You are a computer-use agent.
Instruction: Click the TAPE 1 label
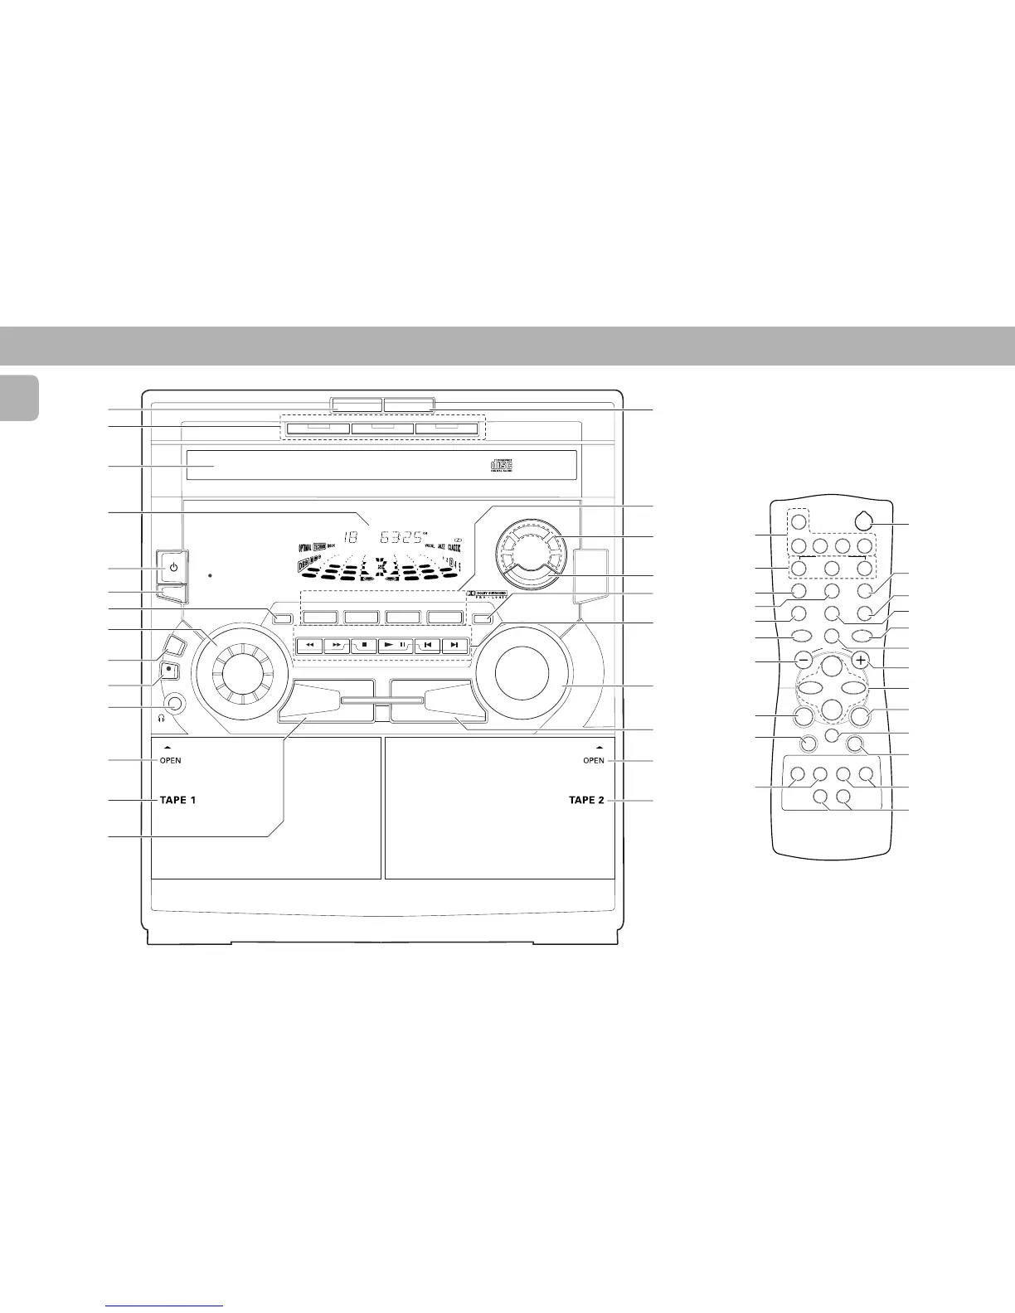click(178, 801)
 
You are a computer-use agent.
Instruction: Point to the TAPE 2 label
click(587, 801)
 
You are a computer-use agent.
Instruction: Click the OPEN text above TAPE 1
click(172, 761)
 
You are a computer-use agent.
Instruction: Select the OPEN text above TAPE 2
click(594, 761)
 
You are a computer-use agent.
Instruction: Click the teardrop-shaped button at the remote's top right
click(863, 522)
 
